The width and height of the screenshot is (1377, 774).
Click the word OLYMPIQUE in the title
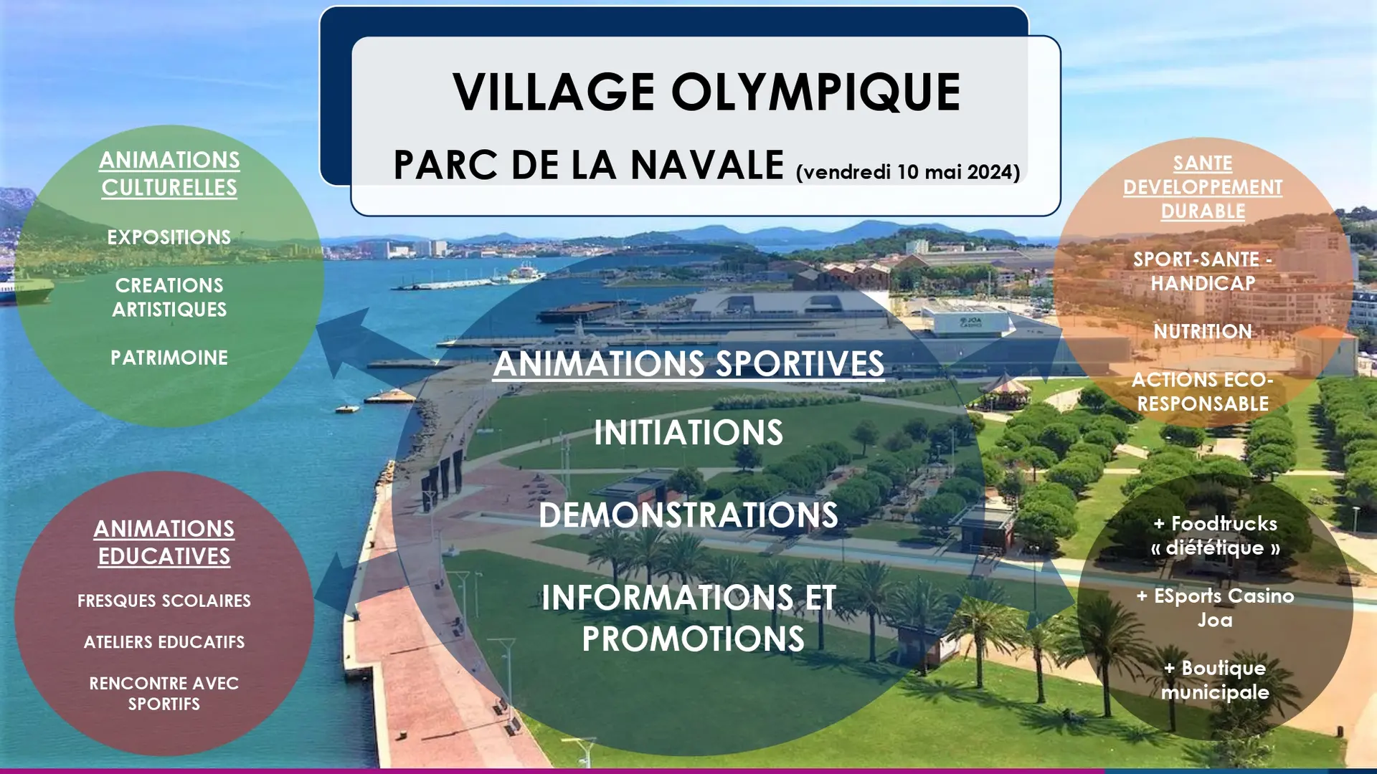[815, 92]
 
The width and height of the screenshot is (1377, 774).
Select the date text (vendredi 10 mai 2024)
[907, 172]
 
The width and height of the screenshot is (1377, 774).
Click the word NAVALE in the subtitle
[707, 165]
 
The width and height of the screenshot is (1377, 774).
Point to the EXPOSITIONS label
[169, 237]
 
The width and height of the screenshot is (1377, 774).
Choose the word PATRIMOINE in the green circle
[169, 358]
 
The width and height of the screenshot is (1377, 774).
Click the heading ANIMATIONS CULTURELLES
[169, 173]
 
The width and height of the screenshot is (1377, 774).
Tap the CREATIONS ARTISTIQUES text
[169, 297]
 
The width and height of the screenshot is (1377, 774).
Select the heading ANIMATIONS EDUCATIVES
[164, 543]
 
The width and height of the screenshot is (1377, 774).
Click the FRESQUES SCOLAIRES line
[164, 601]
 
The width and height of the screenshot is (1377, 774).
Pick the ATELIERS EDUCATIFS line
[164, 642]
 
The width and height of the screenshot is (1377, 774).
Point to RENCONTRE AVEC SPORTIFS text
[164, 694]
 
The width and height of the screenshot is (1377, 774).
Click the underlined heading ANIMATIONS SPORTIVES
[688, 363]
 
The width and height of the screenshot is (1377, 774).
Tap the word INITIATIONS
[688, 433]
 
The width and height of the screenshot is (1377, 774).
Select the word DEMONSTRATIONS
[688, 515]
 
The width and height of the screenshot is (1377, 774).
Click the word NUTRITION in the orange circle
[1203, 332]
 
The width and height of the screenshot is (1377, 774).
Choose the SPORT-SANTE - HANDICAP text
[1203, 272]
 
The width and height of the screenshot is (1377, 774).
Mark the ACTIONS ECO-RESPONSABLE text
[1203, 391]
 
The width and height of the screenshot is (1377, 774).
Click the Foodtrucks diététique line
[1216, 536]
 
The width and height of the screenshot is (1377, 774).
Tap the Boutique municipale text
[1216, 680]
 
